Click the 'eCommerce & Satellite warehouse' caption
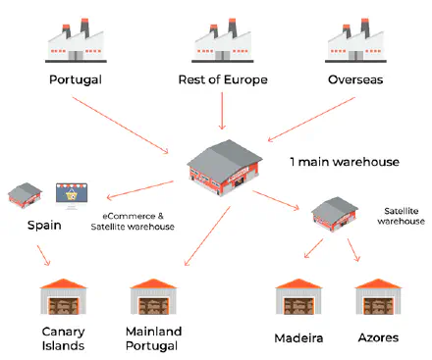click(132, 221)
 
